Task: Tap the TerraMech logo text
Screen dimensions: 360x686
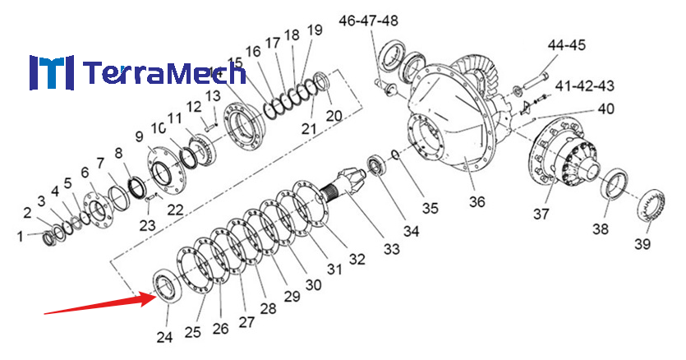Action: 164,74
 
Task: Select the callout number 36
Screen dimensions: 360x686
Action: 477,201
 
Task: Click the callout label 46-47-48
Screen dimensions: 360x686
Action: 368,20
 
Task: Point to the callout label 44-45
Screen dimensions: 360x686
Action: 567,45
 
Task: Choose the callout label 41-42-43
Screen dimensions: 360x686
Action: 585,85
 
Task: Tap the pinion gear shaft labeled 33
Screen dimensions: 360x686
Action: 348,180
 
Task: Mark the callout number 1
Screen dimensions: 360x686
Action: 21,237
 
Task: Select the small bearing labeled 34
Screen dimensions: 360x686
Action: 378,164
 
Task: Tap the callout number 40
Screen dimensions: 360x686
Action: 605,108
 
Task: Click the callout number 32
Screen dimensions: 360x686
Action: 356,260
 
